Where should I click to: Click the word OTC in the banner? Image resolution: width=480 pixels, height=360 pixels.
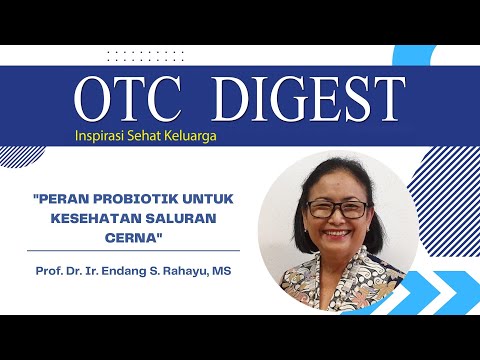click(126, 99)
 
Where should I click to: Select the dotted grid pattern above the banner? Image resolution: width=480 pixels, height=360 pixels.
click(145, 56)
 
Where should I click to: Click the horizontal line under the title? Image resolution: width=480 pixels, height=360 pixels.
click(135, 250)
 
